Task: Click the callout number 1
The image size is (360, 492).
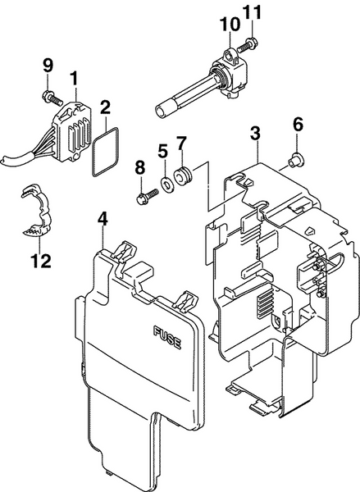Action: (x=74, y=79)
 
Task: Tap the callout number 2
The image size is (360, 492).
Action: (x=105, y=107)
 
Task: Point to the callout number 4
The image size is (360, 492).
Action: (x=102, y=219)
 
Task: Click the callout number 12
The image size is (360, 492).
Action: (x=40, y=262)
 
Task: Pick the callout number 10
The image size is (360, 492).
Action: (x=225, y=25)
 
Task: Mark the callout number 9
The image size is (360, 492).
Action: (x=47, y=65)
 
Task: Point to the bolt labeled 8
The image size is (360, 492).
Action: (x=144, y=196)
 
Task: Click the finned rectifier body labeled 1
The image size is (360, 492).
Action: (x=71, y=129)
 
